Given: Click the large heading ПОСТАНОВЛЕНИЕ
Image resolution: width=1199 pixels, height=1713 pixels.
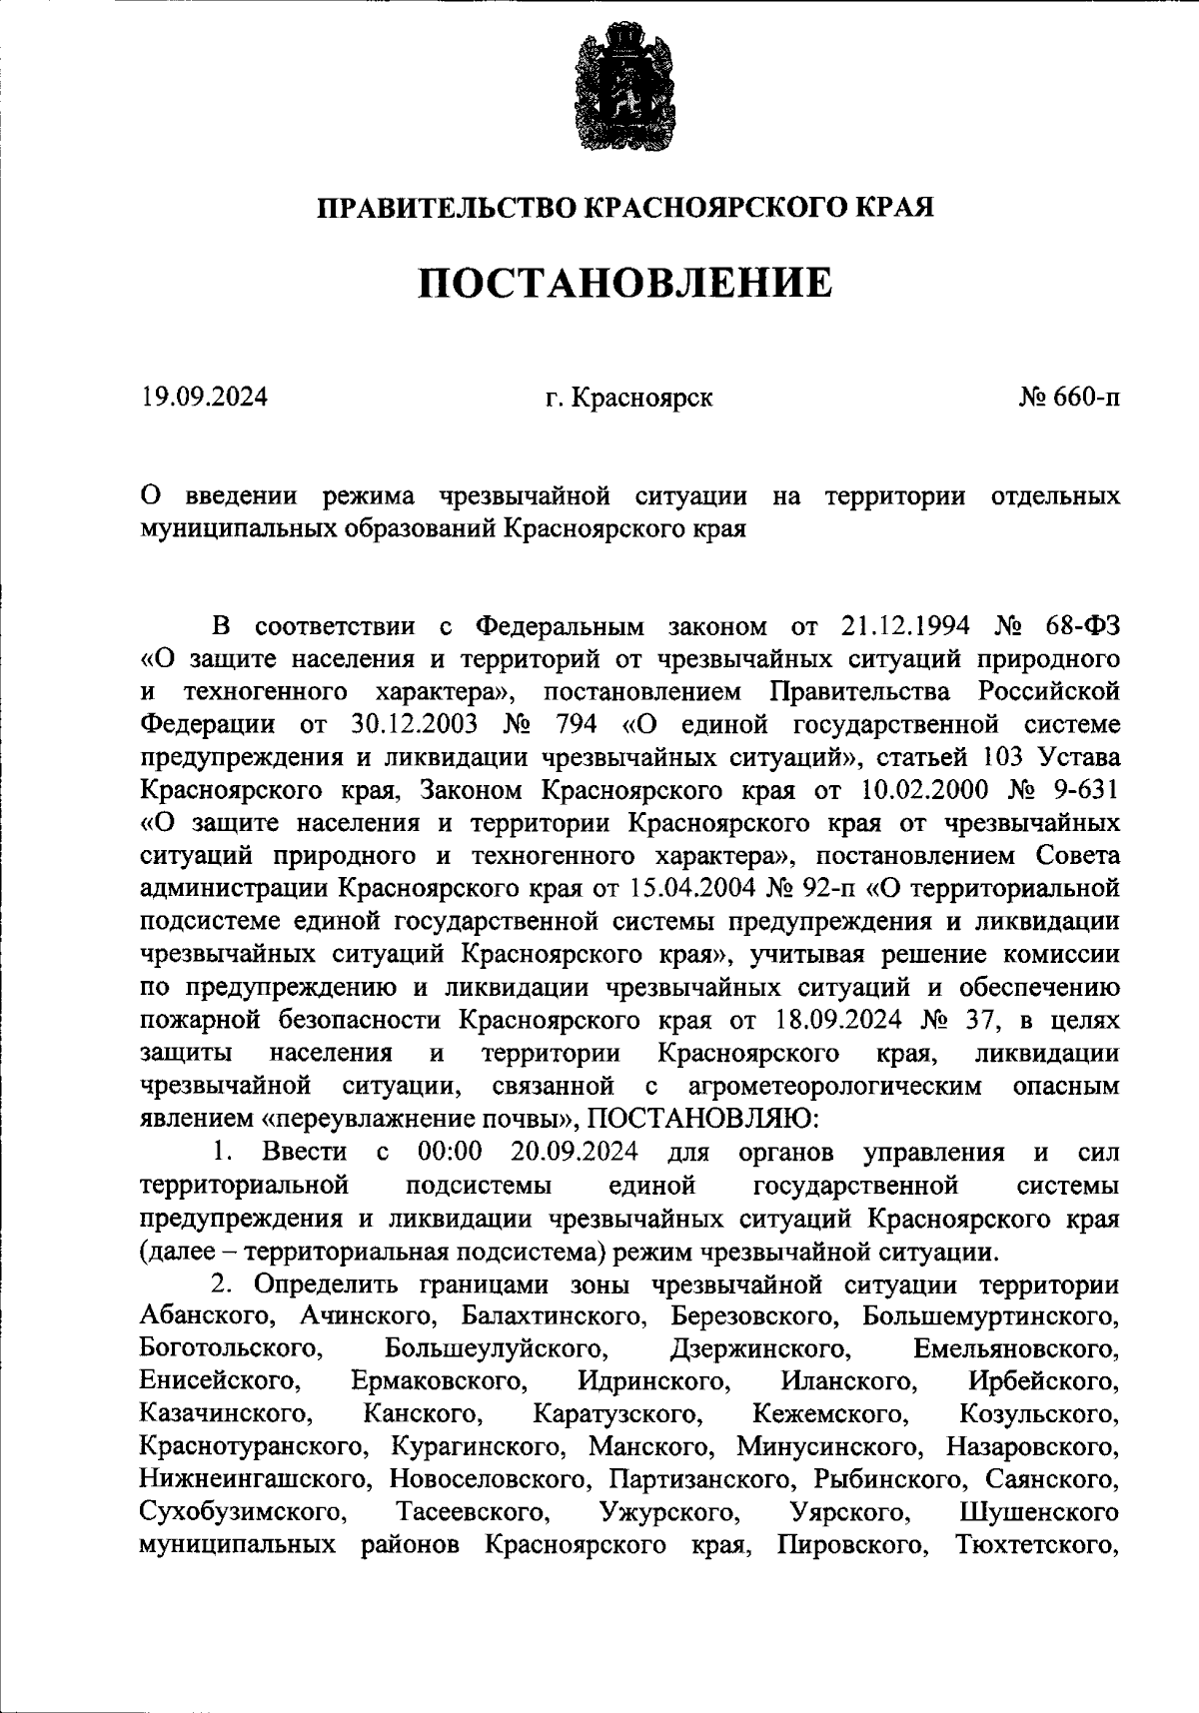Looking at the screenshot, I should (624, 283).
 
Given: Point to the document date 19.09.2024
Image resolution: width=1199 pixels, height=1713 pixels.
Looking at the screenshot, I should (204, 398).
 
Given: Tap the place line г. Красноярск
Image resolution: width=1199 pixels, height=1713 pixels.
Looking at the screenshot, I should (629, 398).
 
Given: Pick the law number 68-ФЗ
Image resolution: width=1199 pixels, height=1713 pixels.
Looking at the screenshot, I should (1082, 626).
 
